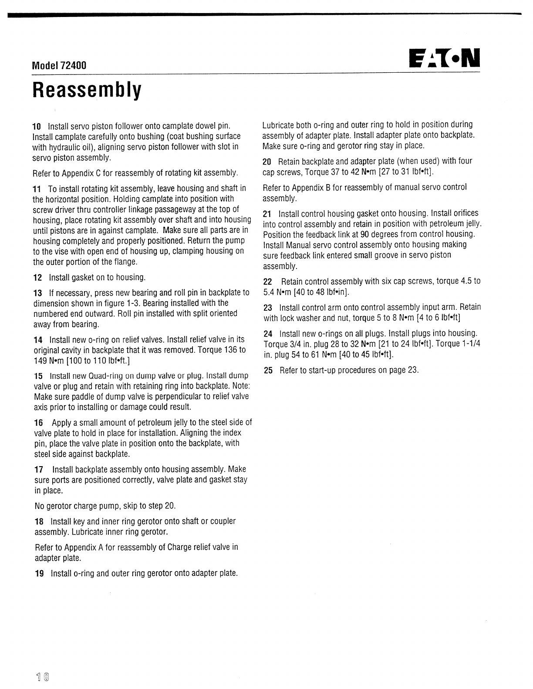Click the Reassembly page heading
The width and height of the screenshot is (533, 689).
87,90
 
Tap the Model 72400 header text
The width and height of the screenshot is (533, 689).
59,65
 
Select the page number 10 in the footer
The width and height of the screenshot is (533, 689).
43,677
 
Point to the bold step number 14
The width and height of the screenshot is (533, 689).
38,339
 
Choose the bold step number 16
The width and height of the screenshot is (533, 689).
39,423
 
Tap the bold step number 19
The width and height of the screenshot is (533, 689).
39,573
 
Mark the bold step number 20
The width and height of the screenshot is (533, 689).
267,161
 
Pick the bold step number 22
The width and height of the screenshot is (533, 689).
268,281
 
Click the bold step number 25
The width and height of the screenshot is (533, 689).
268,370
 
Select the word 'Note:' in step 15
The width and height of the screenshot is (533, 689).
241,386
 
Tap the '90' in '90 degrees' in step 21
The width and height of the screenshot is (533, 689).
364,234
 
